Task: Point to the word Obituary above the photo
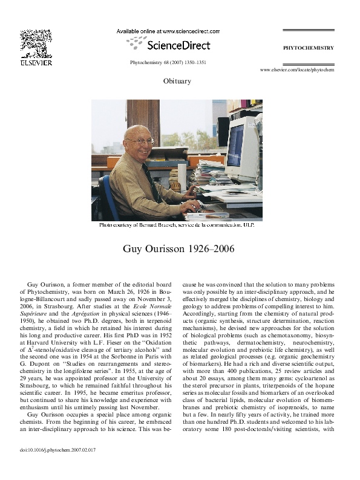(177, 80)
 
